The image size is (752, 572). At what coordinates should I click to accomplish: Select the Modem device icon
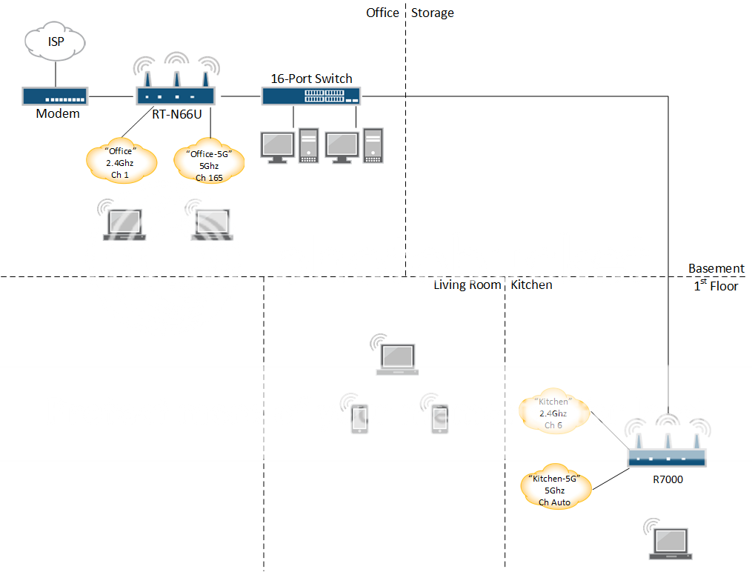(55, 96)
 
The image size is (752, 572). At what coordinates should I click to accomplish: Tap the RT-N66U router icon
(176, 94)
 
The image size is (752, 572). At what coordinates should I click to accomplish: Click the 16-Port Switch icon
(310, 96)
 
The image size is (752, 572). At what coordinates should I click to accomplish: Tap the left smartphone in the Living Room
(359, 419)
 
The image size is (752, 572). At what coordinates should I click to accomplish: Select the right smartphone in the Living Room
(440, 419)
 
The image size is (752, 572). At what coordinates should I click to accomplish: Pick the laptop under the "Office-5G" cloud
(213, 225)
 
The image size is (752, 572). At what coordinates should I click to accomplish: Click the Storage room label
(433, 13)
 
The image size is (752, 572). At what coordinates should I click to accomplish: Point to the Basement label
(716, 268)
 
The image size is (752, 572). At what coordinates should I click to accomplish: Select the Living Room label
(467, 285)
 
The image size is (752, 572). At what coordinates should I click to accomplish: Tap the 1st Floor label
(716, 286)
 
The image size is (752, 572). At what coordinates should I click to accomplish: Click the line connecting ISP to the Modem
(56, 74)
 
